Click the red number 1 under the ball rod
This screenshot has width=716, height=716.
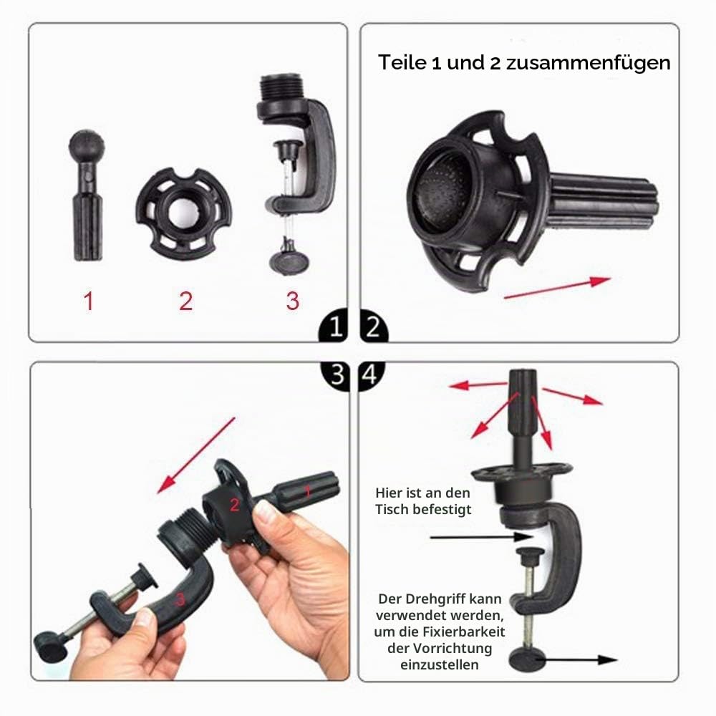[89, 301]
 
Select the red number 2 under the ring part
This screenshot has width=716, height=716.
[186, 301]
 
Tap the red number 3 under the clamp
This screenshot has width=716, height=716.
[293, 301]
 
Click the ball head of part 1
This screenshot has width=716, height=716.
[87, 145]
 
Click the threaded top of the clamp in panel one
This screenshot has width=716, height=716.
[281, 89]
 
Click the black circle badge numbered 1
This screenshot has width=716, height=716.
[334, 326]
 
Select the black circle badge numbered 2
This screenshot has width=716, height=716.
[374, 326]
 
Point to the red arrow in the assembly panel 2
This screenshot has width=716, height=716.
[557, 288]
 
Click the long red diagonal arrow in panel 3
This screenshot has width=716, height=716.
[196, 455]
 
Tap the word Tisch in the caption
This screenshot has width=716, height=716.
[392, 509]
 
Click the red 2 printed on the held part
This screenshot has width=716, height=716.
[235, 505]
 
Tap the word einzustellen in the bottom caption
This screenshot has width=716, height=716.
[440, 665]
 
